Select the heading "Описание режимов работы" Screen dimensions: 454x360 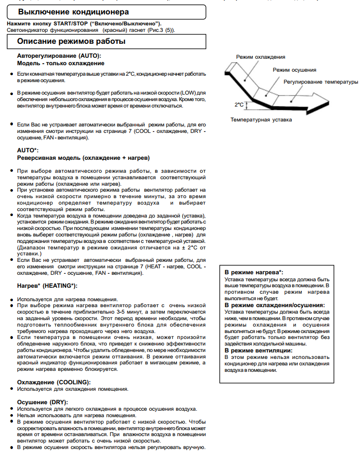click(x=71, y=41)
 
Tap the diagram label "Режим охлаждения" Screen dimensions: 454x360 click(x=260, y=57)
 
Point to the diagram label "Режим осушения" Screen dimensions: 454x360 click(x=294, y=70)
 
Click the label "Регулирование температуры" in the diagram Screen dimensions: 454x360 click(x=321, y=81)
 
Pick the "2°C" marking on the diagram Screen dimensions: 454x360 click(x=239, y=105)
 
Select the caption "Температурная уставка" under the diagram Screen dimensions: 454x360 click(x=261, y=119)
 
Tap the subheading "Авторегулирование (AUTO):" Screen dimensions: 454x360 click(x=59, y=55)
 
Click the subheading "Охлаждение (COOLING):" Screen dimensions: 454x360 click(x=54, y=382)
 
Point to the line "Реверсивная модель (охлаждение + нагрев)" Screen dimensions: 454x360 click(x=83, y=158)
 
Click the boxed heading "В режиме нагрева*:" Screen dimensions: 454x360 click(x=253, y=272)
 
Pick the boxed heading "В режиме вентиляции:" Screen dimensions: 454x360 click(x=258, y=350)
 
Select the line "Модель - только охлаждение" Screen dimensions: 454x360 click(x=61, y=63)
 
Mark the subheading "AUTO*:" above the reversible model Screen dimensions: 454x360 click(x=28, y=150)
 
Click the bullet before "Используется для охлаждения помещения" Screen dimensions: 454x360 click(x=12, y=389)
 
